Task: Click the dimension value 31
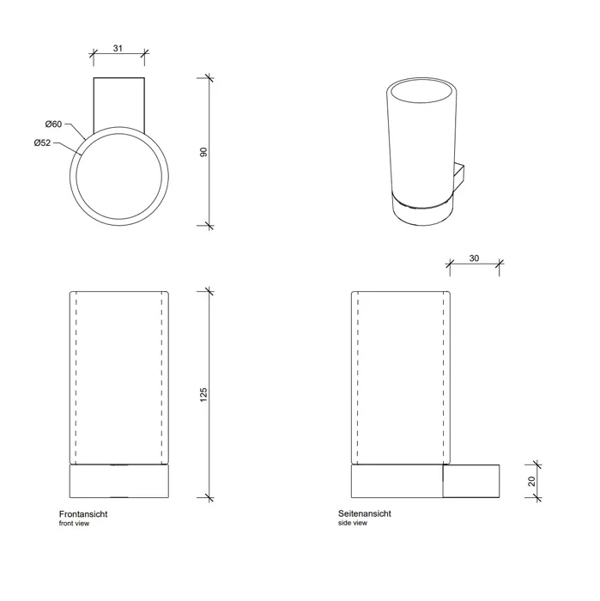pyautogui.click(x=118, y=48)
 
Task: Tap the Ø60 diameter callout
pyautogui.click(x=53, y=124)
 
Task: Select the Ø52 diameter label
pyautogui.click(x=42, y=143)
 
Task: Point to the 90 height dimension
pyautogui.click(x=203, y=152)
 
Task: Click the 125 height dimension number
pyautogui.click(x=203, y=395)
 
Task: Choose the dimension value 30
pyautogui.click(x=474, y=258)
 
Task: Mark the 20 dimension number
pyautogui.click(x=531, y=482)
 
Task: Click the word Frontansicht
pyautogui.click(x=83, y=514)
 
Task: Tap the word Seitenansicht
pyautogui.click(x=364, y=513)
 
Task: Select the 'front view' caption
pyautogui.click(x=74, y=524)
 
